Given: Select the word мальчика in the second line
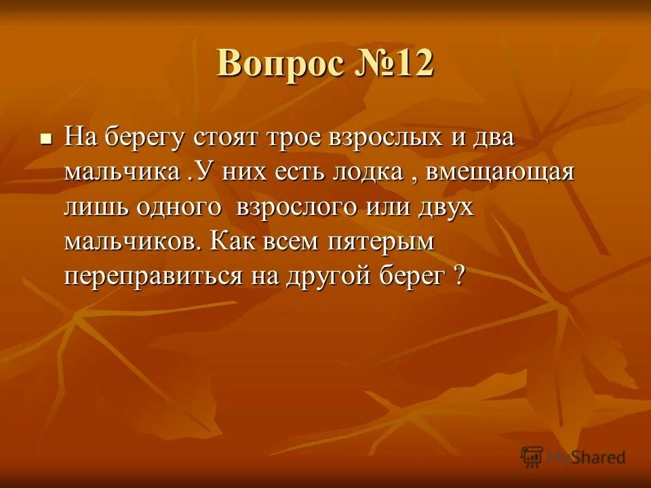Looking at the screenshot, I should click(x=121, y=172).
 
